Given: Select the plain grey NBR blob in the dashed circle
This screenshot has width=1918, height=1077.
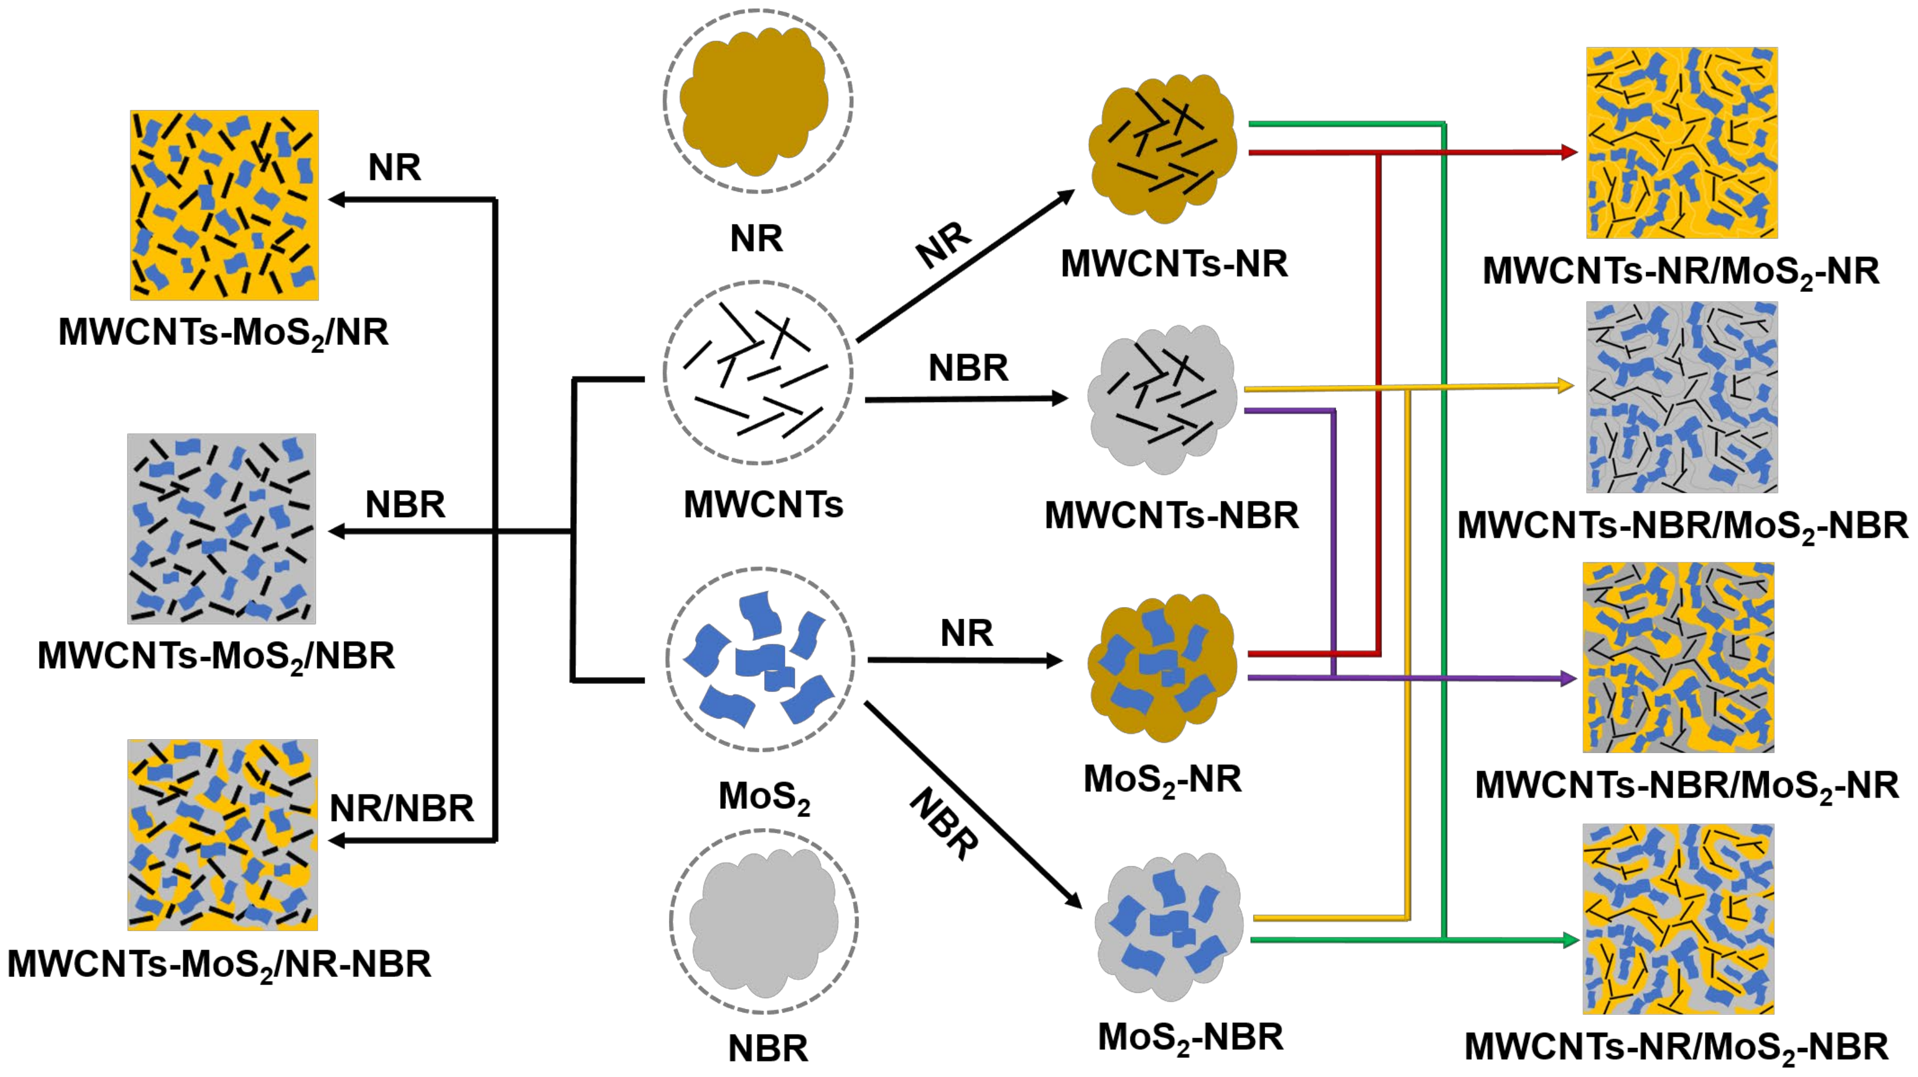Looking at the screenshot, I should coord(763,922).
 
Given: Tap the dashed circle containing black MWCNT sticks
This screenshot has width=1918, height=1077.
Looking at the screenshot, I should coord(757,372).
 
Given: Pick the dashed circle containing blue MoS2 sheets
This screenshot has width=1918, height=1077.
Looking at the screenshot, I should coord(760,659).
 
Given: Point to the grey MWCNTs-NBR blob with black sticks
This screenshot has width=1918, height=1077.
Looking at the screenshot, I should coord(1161,399).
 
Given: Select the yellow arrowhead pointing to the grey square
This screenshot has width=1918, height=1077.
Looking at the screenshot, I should coord(1565,386).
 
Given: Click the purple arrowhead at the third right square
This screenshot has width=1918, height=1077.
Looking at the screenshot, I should coord(1568,679).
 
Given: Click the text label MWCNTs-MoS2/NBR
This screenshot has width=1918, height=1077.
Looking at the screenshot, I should coord(216,656).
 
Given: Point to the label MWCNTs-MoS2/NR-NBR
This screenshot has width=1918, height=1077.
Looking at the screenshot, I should coord(219,965).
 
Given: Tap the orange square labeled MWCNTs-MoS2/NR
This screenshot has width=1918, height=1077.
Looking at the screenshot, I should coord(224,205).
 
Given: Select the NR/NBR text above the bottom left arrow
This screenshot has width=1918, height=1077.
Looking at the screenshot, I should coord(401,808).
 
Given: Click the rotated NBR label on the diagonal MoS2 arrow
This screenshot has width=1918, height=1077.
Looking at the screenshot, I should coord(943,825).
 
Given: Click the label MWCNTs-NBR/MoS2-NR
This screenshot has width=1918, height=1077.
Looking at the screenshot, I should coord(1687,786).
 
